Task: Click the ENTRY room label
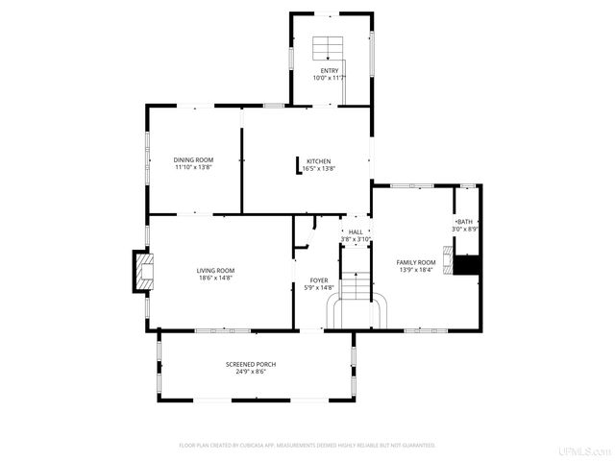click(330, 70)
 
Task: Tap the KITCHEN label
click(319, 160)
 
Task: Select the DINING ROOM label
click(193, 159)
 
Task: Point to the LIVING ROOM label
click(216, 271)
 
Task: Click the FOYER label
click(318, 280)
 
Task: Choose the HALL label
click(356, 231)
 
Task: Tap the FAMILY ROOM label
click(416, 262)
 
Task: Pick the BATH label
click(465, 222)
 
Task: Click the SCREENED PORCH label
click(251, 364)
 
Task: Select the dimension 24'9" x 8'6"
click(251, 372)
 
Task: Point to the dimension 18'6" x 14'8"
click(216, 279)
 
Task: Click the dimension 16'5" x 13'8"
click(319, 168)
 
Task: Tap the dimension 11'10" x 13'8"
click(193, 167)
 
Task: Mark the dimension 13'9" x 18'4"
click(416, 270)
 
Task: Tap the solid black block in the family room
click(467, 265)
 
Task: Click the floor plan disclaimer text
click(307, 446)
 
